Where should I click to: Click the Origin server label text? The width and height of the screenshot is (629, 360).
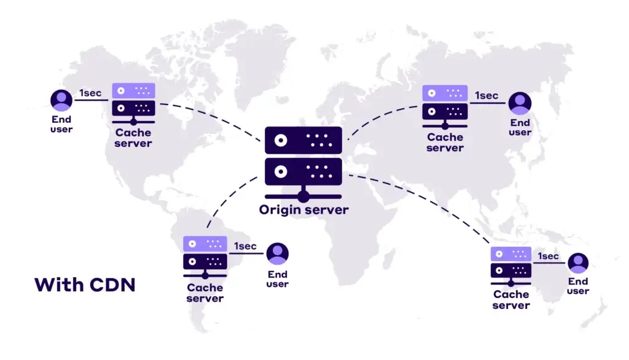coord(303,210)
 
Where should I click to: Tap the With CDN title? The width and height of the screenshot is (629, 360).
coord(85,285)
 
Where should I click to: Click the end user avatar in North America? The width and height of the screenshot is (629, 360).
coord(61,100)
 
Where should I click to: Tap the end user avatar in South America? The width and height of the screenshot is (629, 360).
coord(278,254)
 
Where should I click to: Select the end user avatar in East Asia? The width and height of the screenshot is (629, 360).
coord(520,103)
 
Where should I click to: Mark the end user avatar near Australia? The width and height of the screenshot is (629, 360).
coord(577,263)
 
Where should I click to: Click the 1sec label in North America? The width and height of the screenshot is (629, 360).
coord(90,93)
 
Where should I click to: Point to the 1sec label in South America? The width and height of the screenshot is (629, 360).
coord(245,246)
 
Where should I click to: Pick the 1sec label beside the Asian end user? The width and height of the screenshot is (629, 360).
coord(486,95)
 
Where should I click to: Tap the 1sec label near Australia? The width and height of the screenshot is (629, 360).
coord(549,256)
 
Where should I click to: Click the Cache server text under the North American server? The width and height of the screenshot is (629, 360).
coord(133,138)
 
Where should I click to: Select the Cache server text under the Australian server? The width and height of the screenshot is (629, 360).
coord(511,300)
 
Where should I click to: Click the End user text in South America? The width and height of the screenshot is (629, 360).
coord(278,280)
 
